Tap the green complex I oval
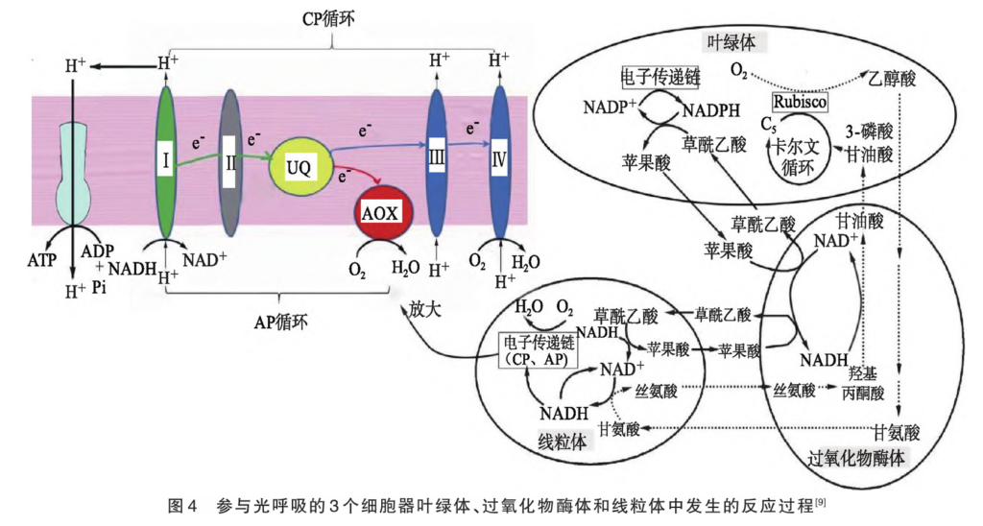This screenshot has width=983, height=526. tap(166, 163)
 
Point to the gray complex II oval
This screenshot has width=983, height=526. tap(230, 163)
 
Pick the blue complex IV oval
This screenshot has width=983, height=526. tap(499, 163)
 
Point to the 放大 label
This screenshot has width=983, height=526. tap(423, 311)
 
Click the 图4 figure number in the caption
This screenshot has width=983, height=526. tap(182, 505)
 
